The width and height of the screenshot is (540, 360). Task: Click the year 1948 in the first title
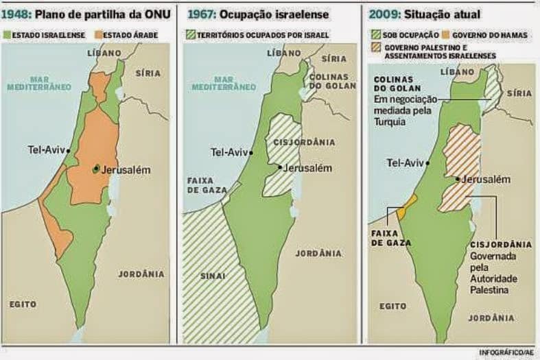[x=16, y=14]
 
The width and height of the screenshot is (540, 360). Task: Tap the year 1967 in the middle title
[x=200, y=14]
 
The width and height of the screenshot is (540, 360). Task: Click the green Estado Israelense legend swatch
[x=7, y=34]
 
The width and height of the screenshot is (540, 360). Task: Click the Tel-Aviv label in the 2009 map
[x=405, y=163]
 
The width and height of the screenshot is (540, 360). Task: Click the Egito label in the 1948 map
[x=23, y=303]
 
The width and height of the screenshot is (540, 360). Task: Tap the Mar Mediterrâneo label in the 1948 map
[x=39, y=83]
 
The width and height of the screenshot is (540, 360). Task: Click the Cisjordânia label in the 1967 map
[x=313, y=142]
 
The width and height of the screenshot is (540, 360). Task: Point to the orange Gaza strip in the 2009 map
[x=406, y=208]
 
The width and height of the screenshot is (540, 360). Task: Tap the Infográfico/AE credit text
[x=507, y=352]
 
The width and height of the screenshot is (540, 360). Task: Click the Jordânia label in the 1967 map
[x=318, y=253]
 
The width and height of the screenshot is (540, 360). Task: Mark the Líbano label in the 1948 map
[x=104, y=52]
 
